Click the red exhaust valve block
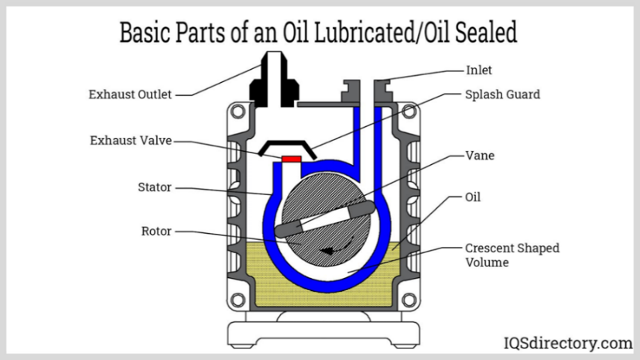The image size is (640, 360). click(292, 159)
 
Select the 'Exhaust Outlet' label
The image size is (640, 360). click(130, 94)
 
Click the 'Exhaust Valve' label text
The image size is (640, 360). click(131, 140)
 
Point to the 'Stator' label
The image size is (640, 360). click(154, 187)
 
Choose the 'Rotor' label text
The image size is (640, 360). click(156, 231)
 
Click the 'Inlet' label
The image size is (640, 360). click(479, 70)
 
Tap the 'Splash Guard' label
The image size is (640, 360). click(502, 94)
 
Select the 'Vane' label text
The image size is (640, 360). click(480, 156)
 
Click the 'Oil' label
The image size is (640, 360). click(473, 197)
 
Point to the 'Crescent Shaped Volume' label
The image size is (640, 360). click(512, 255)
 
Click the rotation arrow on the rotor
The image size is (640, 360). click(337, 246)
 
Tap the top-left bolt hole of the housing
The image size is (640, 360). click(238, 111)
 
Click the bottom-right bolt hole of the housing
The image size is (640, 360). click(409, 300)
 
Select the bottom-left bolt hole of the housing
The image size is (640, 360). click(238, 300)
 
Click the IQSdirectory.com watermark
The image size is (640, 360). click(568, 343)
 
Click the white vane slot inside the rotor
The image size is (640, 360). click(324, 220)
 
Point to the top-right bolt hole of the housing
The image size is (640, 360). click(409, 111)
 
